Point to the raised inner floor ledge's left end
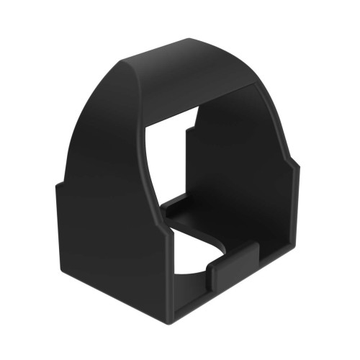(x=167, y=211)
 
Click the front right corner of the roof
(x=253, y=84)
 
